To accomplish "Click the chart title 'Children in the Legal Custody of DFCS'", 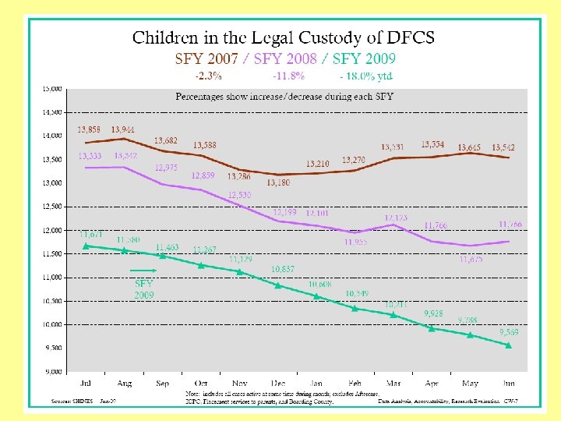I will (283, 37).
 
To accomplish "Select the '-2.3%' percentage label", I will (208, 76).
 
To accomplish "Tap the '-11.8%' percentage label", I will (288, 76).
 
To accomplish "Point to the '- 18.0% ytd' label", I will (366, 76).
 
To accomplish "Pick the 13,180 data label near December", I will (278, 182).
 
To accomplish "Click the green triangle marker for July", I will (86, 246).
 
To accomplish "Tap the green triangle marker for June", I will (509, 345).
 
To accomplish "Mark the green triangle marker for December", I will (278, 285).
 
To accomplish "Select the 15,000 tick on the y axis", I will (52, 89).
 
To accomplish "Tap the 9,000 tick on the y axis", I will (52, 372).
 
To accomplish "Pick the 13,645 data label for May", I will (469, 147).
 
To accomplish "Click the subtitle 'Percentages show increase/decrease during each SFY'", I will (284, 97).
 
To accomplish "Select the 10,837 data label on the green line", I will (282, 269).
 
